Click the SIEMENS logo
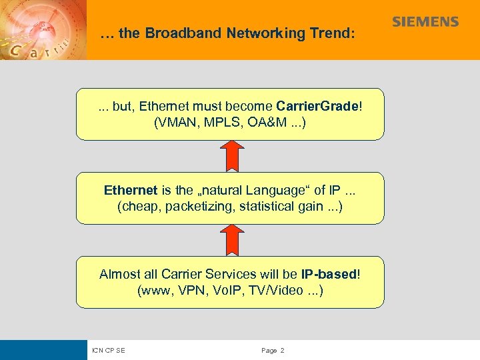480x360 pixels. click(425, 21)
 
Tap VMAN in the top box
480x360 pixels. click(175, 123)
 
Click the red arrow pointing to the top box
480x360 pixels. click(230, 155)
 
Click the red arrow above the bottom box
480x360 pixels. click(230, 239)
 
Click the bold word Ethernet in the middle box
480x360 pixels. click(131, 190)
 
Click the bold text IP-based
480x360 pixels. click(329, 274)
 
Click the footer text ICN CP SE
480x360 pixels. click(109, 350)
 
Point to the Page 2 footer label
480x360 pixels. click(273, 350)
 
